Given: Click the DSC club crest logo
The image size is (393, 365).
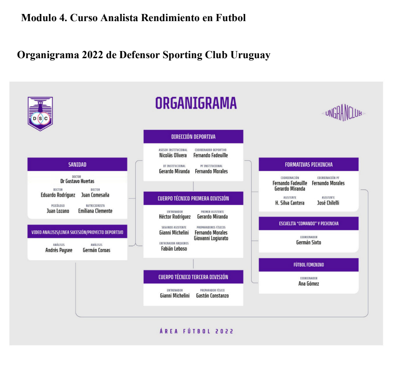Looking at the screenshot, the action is (40, 114).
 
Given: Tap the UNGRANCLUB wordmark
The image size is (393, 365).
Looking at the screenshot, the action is (344, 113).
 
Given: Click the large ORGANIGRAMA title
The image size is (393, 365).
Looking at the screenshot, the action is (196, 103).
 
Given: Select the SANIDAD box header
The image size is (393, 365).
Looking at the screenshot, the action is (77, 164).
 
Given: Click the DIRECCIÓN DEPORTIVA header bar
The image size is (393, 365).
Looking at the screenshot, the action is (193, 136).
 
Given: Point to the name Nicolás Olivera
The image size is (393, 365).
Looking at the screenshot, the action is (173, 155).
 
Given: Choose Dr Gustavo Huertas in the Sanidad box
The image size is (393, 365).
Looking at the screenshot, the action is (77, 181).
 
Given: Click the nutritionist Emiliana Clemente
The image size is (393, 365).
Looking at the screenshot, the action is (95, 211).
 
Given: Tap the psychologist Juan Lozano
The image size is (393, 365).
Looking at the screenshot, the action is (58, 211).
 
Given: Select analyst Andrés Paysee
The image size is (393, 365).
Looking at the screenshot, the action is (59, 250).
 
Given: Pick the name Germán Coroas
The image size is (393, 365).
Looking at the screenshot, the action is (96, 250).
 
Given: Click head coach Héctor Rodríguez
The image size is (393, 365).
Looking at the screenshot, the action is (175, 217).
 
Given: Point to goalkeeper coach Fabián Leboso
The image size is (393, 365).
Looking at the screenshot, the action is (174, 249).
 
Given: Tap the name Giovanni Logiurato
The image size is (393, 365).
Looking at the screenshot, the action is (211, 238).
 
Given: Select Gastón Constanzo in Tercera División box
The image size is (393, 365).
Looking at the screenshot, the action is (212, 296).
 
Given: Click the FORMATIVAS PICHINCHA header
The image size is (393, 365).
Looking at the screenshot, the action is (309, 164).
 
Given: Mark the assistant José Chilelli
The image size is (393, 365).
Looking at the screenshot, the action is (328, 203).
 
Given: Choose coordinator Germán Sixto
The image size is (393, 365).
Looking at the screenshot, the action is (309, 242).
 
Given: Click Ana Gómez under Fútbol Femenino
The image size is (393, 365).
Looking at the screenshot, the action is (309, 283).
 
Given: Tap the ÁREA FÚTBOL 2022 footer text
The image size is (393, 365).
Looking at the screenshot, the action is (197, 331).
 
